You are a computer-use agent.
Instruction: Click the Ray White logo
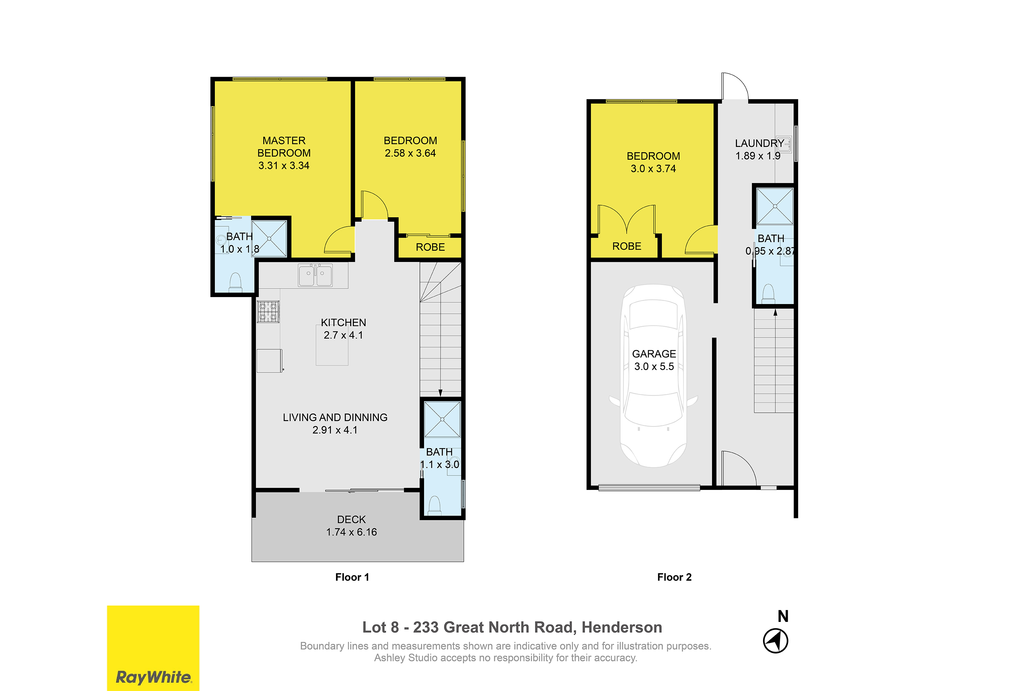(x=153, y=648)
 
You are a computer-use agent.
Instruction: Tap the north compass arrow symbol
(x=776, y=641)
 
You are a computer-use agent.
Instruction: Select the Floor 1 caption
(x=352, y=577)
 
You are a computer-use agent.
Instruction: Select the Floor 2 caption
(x=674, y=577)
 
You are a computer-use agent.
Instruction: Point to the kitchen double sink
(x=315, y=275)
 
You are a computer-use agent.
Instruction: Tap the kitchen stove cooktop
(x=268, y=312)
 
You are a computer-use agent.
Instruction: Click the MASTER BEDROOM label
(x=284, y=147)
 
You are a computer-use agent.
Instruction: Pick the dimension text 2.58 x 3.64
(x=410, y=153)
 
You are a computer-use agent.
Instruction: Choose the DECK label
(x=352, y=520)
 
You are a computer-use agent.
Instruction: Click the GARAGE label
(x=654, y=354)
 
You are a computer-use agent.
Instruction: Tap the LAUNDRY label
(x=759, y=143)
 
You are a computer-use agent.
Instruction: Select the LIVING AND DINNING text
(x=335, y=417)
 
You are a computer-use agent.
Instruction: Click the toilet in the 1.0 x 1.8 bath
(x=236, y=283)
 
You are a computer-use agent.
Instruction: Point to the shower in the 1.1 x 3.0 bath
(x=442, y=419)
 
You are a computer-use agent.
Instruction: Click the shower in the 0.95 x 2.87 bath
(x=775, y=206)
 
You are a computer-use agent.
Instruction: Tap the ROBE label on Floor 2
(x=627, y=246)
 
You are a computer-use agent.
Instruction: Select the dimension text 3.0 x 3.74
(x=653, y=169)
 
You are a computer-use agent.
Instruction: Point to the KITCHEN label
(x=344, y=323)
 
